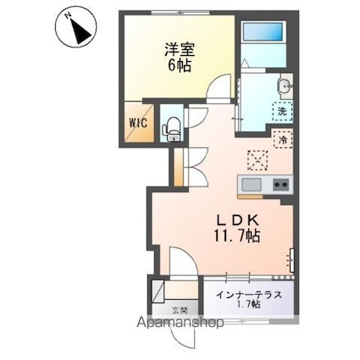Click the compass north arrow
[80, 30]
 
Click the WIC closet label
[138, 123]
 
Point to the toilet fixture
[170, 129]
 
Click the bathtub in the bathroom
[263, 32]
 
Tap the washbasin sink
[285, 85]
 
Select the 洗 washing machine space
[282, 111]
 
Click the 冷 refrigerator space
[283, 139]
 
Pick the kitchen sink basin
[252, 185]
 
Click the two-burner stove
[281, 185]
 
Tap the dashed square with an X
[258, 160]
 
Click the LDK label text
[237, 219]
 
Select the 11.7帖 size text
[236, 235]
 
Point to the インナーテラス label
[249, 295]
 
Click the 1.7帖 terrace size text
[248, 304]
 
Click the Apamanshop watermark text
[180, 322]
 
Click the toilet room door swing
[198, 118]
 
